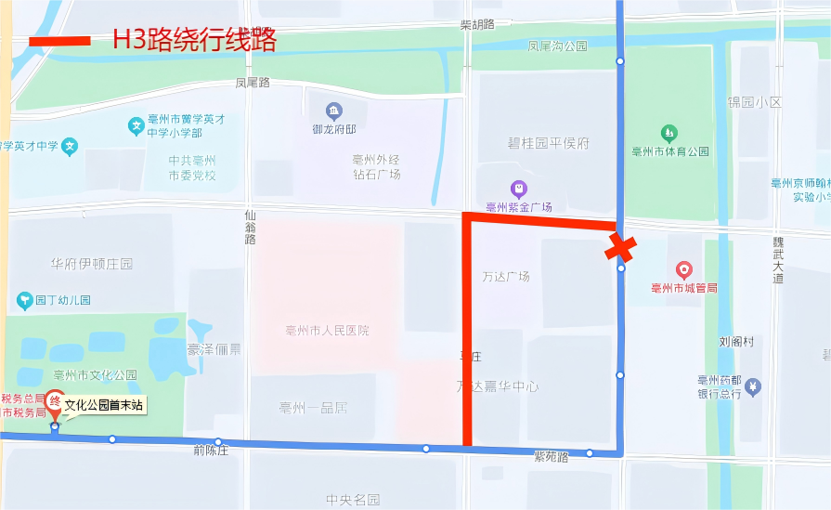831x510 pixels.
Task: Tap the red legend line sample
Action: (x=59, y=41)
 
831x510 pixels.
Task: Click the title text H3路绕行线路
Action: (x=194, y=40)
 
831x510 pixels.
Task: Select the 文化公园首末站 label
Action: (x=104, y=405)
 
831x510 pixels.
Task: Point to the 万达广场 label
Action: (x=506, y=277)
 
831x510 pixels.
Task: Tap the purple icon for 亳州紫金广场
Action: (x=518, y=189)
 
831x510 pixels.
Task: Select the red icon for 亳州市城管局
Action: (x=684, y=270)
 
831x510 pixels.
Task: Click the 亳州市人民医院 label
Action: (x=327, y=331)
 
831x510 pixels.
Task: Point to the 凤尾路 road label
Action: (x=252, y=83)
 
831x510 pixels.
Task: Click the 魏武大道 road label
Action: (x=778, y=260)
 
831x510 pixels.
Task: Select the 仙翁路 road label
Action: (x=250, y=227)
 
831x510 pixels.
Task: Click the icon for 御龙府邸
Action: (x=334, y=111)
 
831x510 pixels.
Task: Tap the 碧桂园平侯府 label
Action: (x=548, y=143)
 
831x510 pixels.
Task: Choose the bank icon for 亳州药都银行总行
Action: (x=754, y=386)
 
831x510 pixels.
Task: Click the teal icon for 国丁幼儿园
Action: (x=24, y=300)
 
